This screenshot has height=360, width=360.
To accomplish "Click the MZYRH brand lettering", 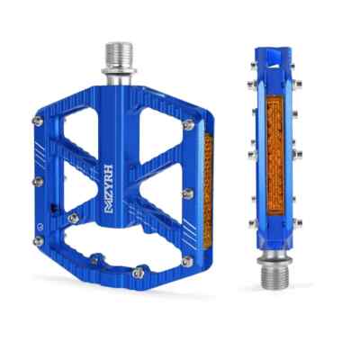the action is (x=109, y=189).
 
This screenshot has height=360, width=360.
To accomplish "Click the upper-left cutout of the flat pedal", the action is (x=78, y=130).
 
